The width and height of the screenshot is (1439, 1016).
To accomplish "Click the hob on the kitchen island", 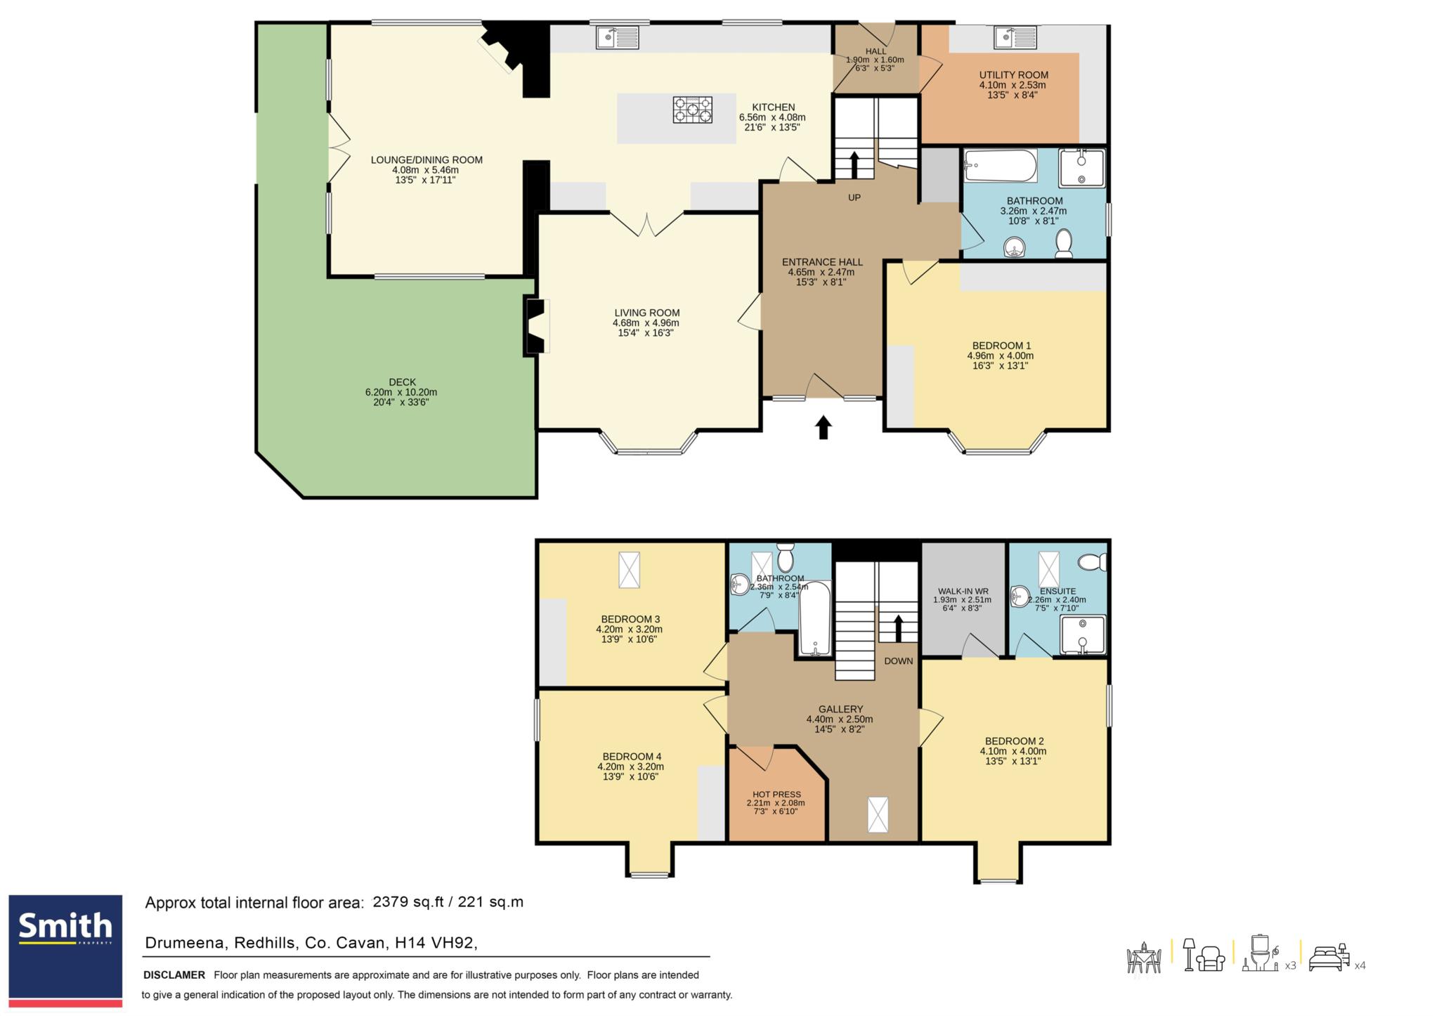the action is [692, 110].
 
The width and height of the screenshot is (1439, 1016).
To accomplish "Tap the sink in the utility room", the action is [1015, 37].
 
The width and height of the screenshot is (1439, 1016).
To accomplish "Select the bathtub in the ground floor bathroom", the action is [1001, 166].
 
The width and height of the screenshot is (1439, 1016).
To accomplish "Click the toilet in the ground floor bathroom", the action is [1064, 243].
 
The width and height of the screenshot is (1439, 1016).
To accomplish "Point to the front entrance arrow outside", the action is [823, 427].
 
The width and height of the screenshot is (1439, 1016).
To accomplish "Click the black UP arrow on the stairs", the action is [854, 165].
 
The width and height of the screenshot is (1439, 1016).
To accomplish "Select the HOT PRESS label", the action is [776, 795].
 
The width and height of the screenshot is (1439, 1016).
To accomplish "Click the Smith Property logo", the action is [65, 950].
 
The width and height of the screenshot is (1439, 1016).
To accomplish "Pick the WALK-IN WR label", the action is [963, 591].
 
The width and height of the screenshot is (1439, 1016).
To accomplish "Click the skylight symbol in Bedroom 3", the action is [629, 569].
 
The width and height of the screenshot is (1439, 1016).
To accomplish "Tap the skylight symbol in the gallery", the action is [878, 814].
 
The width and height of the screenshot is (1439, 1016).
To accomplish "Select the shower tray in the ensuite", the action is [1083, 635].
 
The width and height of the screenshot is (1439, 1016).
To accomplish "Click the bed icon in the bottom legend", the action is [1330, 958].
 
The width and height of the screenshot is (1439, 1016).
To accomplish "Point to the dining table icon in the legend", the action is [1144, 958].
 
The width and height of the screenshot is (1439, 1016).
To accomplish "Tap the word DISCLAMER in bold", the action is [174, 975].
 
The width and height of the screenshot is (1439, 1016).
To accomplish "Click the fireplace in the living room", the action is [535, 327].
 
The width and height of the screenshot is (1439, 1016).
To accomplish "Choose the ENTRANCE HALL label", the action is [822, 262].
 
